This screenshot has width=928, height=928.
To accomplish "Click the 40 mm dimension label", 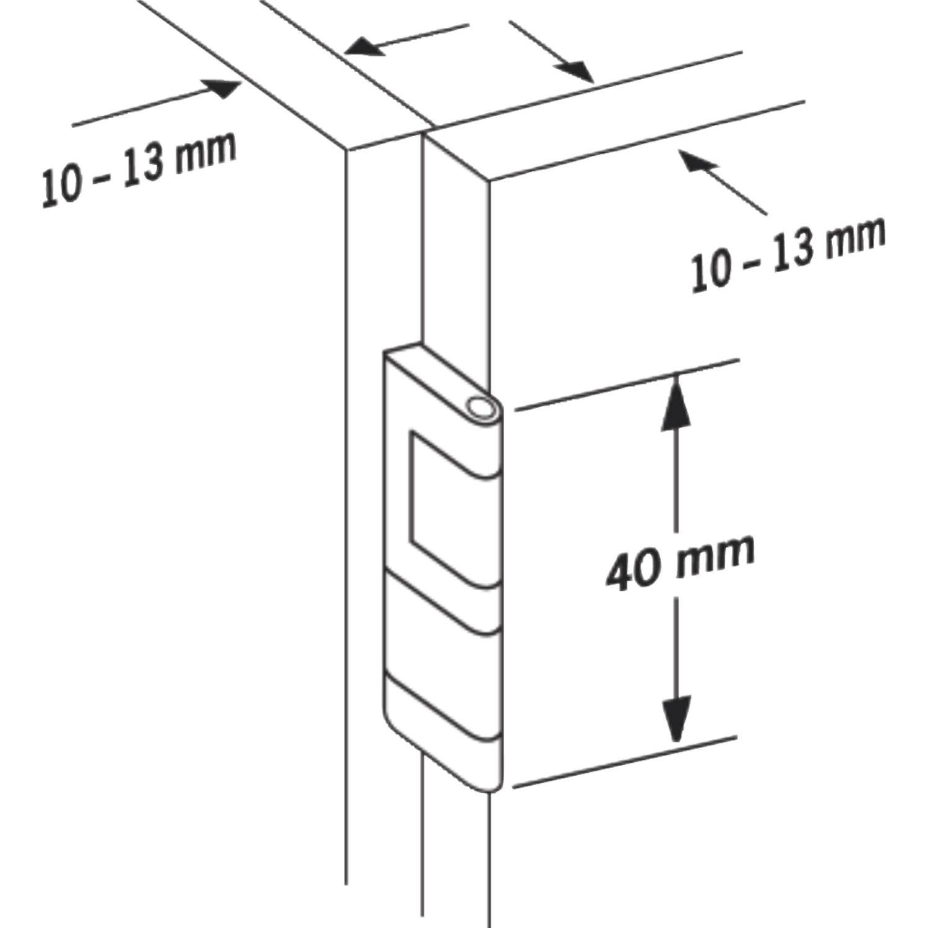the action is click(680, 561).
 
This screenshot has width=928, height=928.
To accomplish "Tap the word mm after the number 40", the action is click(715, 557).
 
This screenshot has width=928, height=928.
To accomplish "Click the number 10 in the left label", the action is click(61, 186).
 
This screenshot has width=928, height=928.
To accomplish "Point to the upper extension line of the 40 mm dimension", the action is click(627, 384).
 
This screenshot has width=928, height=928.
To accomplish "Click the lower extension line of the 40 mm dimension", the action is click(625, 762).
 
